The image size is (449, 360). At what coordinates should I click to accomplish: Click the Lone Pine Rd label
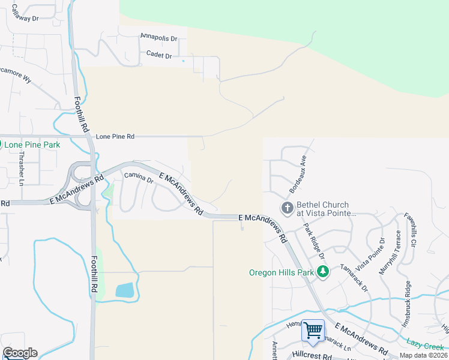(115, 137)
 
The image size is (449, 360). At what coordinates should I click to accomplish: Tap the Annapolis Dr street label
(158, 37)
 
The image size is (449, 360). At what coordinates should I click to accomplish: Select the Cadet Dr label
(159, 55)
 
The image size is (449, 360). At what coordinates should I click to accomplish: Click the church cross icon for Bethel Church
(287, 208)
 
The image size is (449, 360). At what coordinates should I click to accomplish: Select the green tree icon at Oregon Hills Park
(324, 272)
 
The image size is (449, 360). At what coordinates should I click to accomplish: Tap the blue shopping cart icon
(313, 331)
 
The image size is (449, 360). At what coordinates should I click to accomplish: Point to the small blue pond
(125, 291)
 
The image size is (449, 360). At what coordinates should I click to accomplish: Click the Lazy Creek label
(424, 346)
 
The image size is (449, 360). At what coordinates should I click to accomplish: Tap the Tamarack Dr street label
(354, 278)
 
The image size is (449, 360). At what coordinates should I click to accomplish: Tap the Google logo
(20, 353)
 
